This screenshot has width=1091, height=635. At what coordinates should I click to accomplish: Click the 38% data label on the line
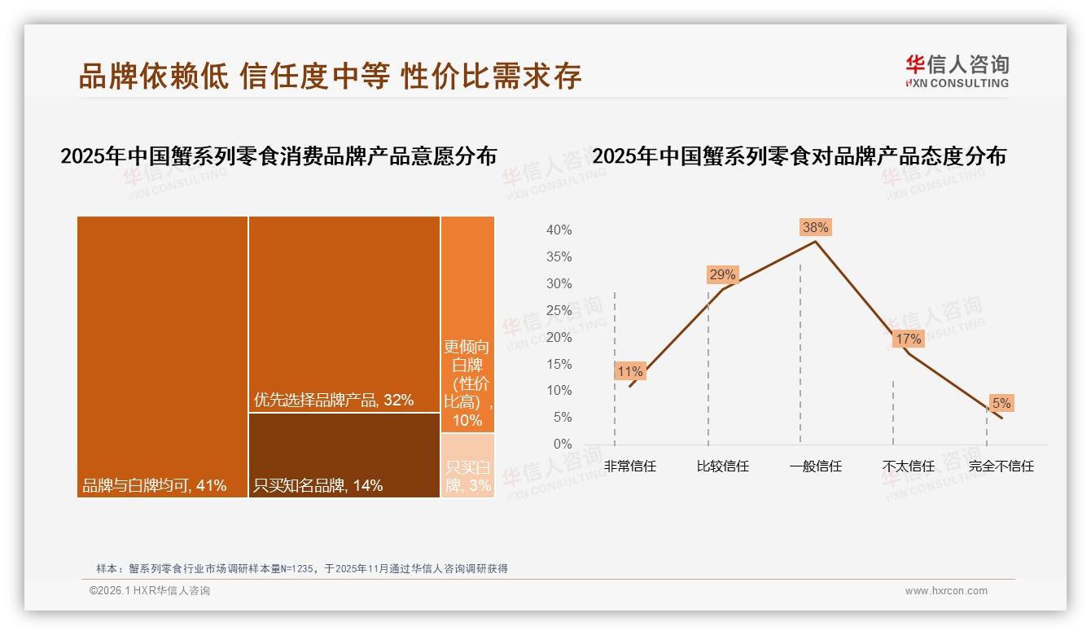click(815, 228)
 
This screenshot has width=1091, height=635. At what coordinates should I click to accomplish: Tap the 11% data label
click(630, 372)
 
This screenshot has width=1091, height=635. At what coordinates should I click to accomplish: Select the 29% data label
click(722, 275)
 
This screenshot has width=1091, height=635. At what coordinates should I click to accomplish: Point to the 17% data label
click(908, 339)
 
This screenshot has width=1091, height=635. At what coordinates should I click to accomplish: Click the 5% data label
click(1001, 403)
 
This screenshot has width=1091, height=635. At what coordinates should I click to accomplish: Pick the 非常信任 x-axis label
click(630, 466)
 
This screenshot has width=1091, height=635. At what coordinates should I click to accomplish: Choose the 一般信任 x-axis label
click(815, 466)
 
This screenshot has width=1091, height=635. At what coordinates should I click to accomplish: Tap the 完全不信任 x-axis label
click(1001, 466)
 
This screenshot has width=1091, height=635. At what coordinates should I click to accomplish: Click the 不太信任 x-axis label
click(908, 466)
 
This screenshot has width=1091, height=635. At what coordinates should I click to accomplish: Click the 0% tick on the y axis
click(562, 444)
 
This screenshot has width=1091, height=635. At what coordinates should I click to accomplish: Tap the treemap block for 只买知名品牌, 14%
click(344, 454)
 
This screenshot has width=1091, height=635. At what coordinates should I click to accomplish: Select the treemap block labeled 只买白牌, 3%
click(467, 466)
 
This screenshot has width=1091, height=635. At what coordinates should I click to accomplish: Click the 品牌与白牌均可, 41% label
click(154, 486)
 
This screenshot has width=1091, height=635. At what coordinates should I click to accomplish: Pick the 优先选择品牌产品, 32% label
click(334, 400)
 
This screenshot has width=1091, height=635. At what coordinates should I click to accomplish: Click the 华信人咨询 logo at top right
click(957, 71)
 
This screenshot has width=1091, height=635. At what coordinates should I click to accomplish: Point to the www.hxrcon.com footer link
click(946, 591)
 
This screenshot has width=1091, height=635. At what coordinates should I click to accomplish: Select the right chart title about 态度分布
click(799, 156)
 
